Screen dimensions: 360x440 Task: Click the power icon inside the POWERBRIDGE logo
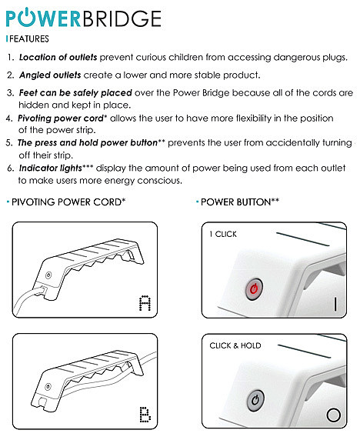(x=26, y=18)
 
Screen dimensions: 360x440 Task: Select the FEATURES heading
(x=29, y=38)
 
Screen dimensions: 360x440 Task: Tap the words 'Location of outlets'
(x=58, y=57)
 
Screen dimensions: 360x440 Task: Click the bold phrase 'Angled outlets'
(x=50, y=75)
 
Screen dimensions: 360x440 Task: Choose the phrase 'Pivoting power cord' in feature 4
(x=61, y=118)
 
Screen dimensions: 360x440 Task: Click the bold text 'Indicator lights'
(x=51, y=168)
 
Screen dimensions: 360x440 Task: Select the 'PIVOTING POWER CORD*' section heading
(x=68, y=202)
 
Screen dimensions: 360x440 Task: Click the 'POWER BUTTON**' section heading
(x=240, y=202)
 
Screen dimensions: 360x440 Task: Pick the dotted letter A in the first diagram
(x=145, y=303)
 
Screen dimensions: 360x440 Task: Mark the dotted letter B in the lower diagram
(x=145, y=414)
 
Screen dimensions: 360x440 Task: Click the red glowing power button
(x=254, y=288)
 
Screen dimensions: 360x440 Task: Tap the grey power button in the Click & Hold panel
(x=255, y=400)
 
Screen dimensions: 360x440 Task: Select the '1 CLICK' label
(x=223, y=234)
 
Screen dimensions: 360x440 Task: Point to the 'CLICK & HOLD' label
(x=235, y=345)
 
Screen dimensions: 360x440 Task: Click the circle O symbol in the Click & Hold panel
(x=334, y=415)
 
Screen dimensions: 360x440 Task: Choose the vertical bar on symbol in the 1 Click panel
(x=335, y=304)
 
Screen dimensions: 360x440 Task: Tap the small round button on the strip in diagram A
(x=48, y=275)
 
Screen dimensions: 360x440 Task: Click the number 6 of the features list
(x=10, y=168)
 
